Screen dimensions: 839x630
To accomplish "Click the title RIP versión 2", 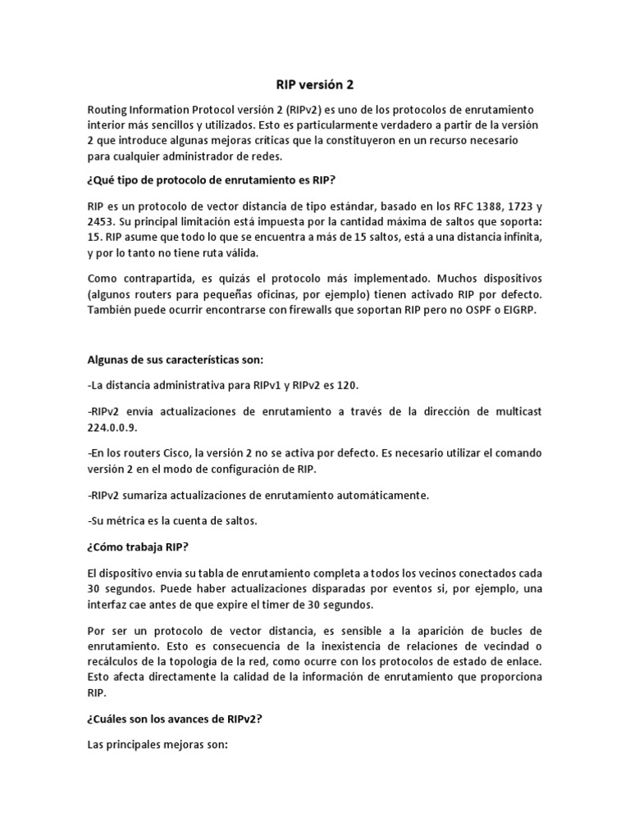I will click(315, 84).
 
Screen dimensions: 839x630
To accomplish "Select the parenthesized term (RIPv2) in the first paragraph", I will click(302, 111).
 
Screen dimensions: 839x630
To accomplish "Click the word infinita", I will click(520, 237).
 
